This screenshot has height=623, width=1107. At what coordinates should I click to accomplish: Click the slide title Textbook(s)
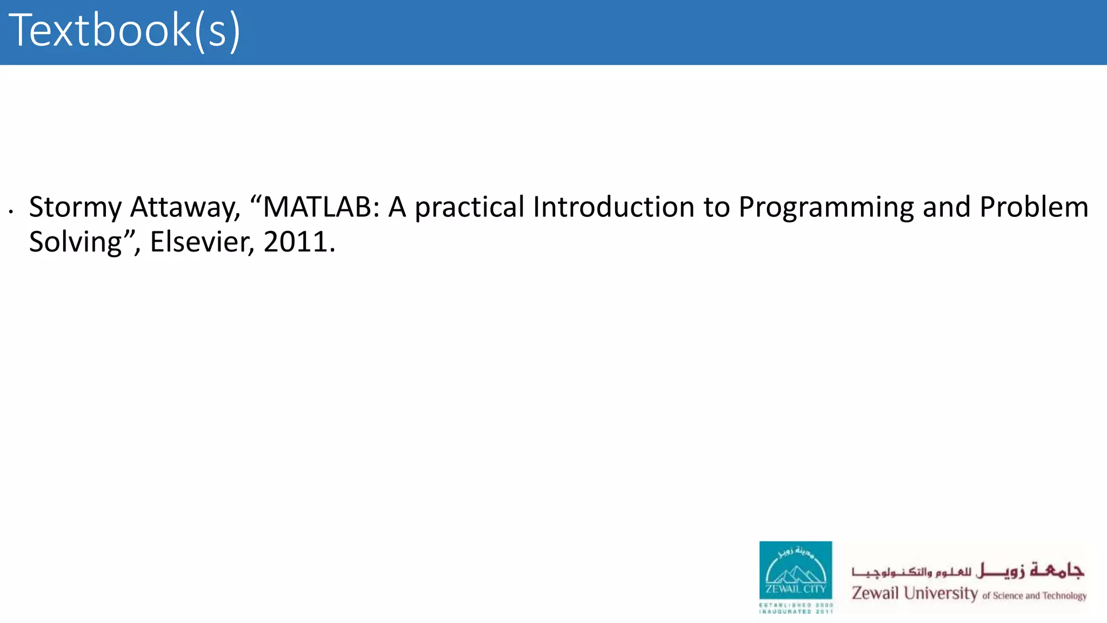124,31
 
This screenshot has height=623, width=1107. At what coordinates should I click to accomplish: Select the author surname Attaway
185,208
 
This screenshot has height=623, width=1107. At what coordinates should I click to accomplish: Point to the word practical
469,208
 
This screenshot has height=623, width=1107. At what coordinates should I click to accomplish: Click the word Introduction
613,207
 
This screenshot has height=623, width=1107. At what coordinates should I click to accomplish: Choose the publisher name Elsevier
202,242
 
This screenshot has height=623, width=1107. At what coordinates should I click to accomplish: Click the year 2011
296,242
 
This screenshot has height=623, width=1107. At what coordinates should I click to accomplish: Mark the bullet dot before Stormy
11,211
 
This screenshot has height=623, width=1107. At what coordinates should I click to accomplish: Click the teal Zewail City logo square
795,570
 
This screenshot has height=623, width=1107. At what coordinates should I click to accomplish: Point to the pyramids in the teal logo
795,574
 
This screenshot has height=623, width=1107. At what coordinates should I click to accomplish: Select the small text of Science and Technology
1034,596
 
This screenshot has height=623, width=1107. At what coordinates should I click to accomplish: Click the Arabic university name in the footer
968,571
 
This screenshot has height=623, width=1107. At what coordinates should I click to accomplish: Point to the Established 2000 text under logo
796,605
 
